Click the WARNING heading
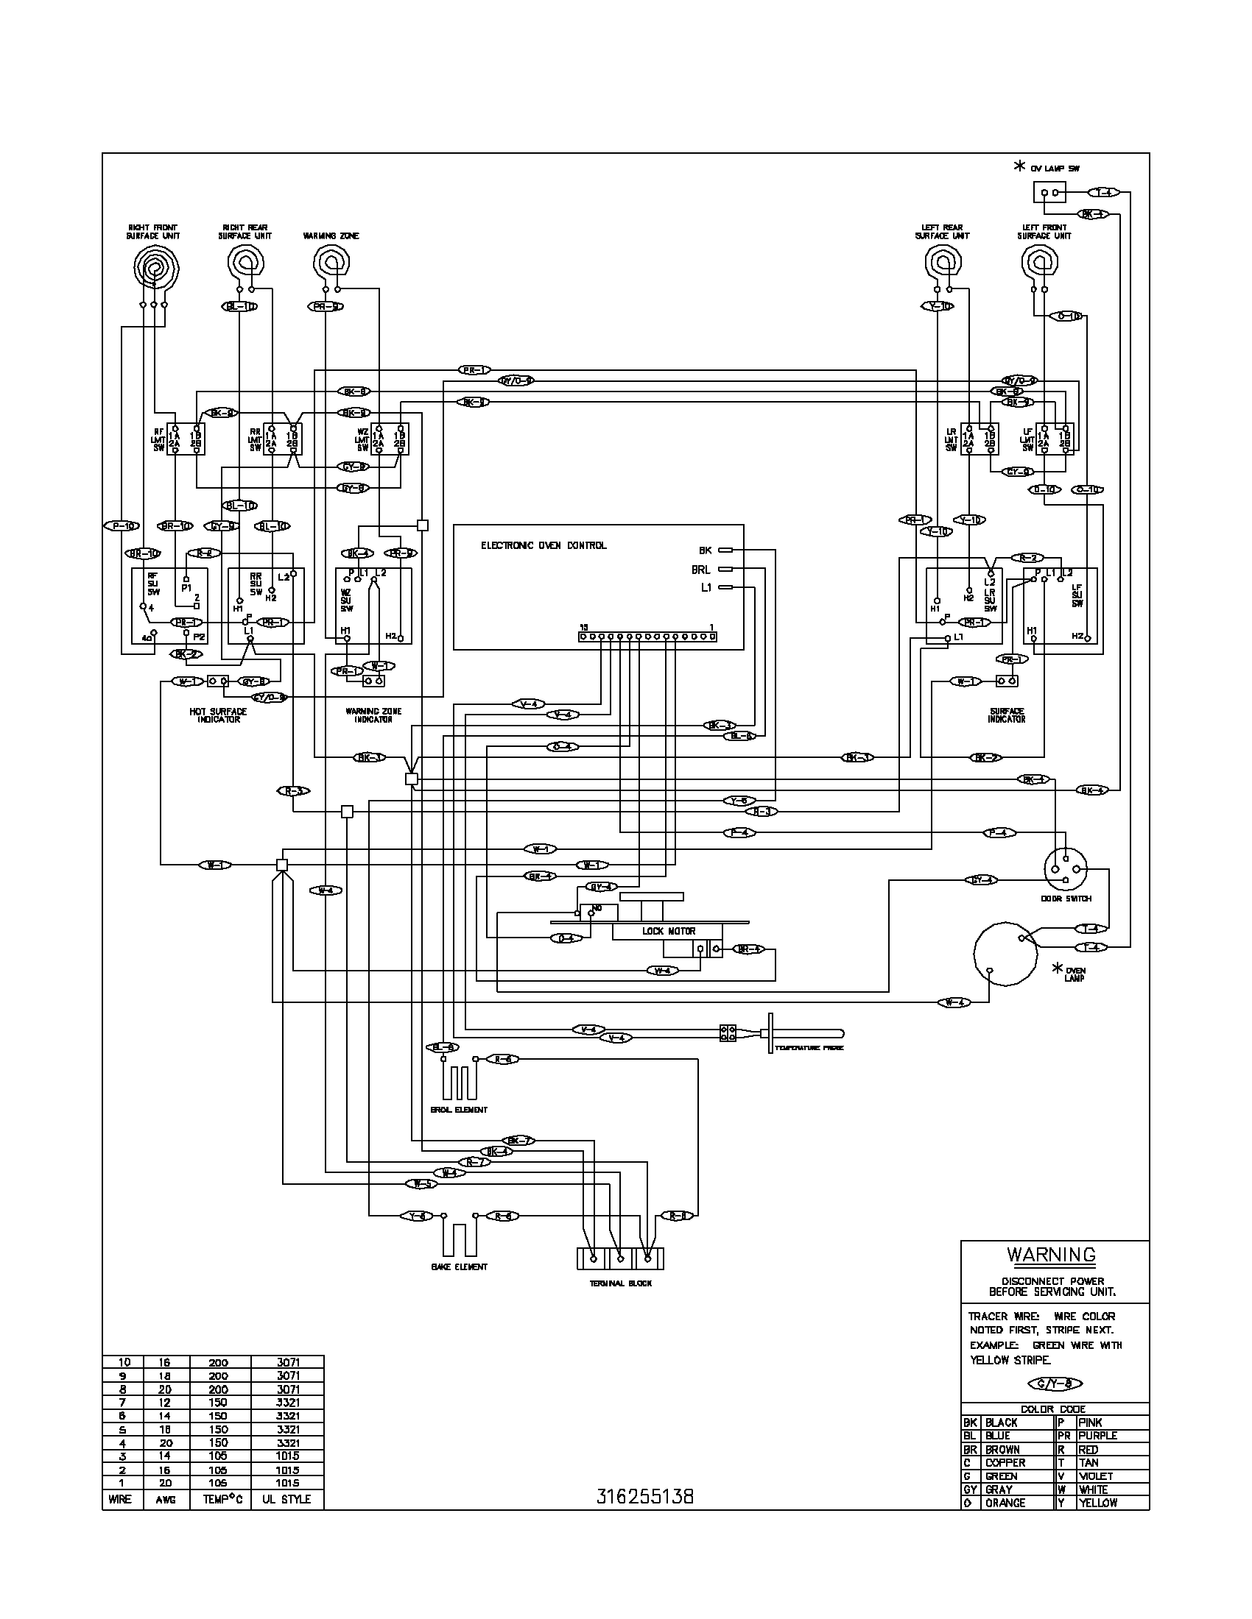[1050, 1255]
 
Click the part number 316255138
[644, 1497]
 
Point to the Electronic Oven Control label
[543, 545]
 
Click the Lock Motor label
[668, 931]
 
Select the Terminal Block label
[620, 1283]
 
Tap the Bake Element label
[458, 1267]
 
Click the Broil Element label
[459, 1110]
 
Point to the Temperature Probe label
[809, 1048]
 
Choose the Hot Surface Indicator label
[217, 715]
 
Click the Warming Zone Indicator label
[373, 715]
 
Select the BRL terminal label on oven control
[700, 570]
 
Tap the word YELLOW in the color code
[1098, 1503]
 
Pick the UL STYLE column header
[286, 1499]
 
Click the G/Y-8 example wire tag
[1055, 1384]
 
